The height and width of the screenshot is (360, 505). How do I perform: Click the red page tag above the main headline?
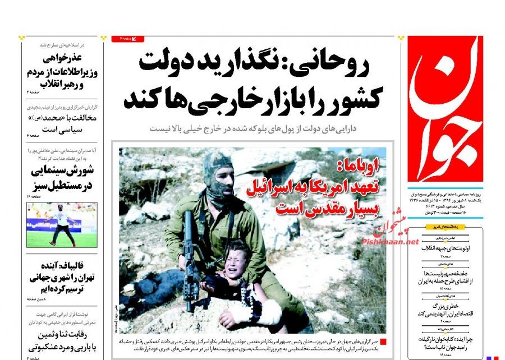(x=128, y=38)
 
